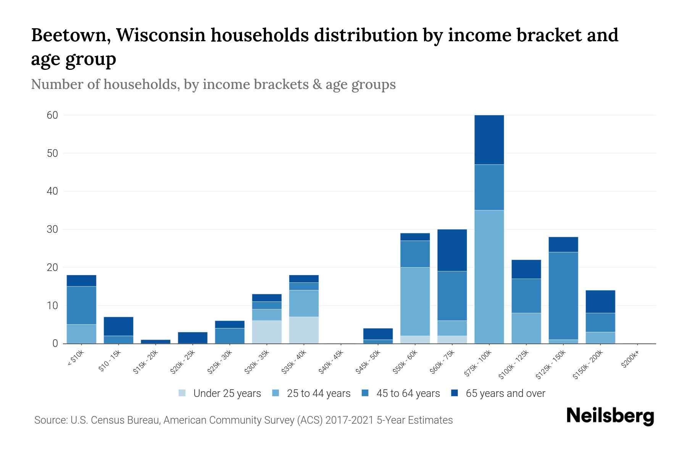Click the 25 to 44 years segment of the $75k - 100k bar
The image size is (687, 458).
point(489,277)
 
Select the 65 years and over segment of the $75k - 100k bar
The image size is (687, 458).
point(489,140)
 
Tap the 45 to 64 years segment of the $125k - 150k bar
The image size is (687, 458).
point(563,296)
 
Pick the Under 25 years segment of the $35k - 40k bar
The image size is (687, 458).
point(304,330)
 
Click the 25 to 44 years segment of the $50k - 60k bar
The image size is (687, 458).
point(415,302)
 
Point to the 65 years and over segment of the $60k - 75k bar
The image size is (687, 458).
point(452,250)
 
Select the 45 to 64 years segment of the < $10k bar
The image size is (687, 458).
point(81,305)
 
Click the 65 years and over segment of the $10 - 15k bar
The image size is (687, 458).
point(118,326)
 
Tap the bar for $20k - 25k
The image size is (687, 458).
point(192,338)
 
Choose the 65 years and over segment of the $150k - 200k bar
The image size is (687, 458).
point(600,302)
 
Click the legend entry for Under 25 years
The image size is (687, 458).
point(227,393)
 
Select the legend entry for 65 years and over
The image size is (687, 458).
point(505,393)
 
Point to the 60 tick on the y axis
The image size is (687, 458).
point(52,115)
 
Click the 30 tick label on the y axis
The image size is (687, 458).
point(52,229)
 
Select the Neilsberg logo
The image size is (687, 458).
point(610,416)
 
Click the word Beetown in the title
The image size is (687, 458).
point(70,35)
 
